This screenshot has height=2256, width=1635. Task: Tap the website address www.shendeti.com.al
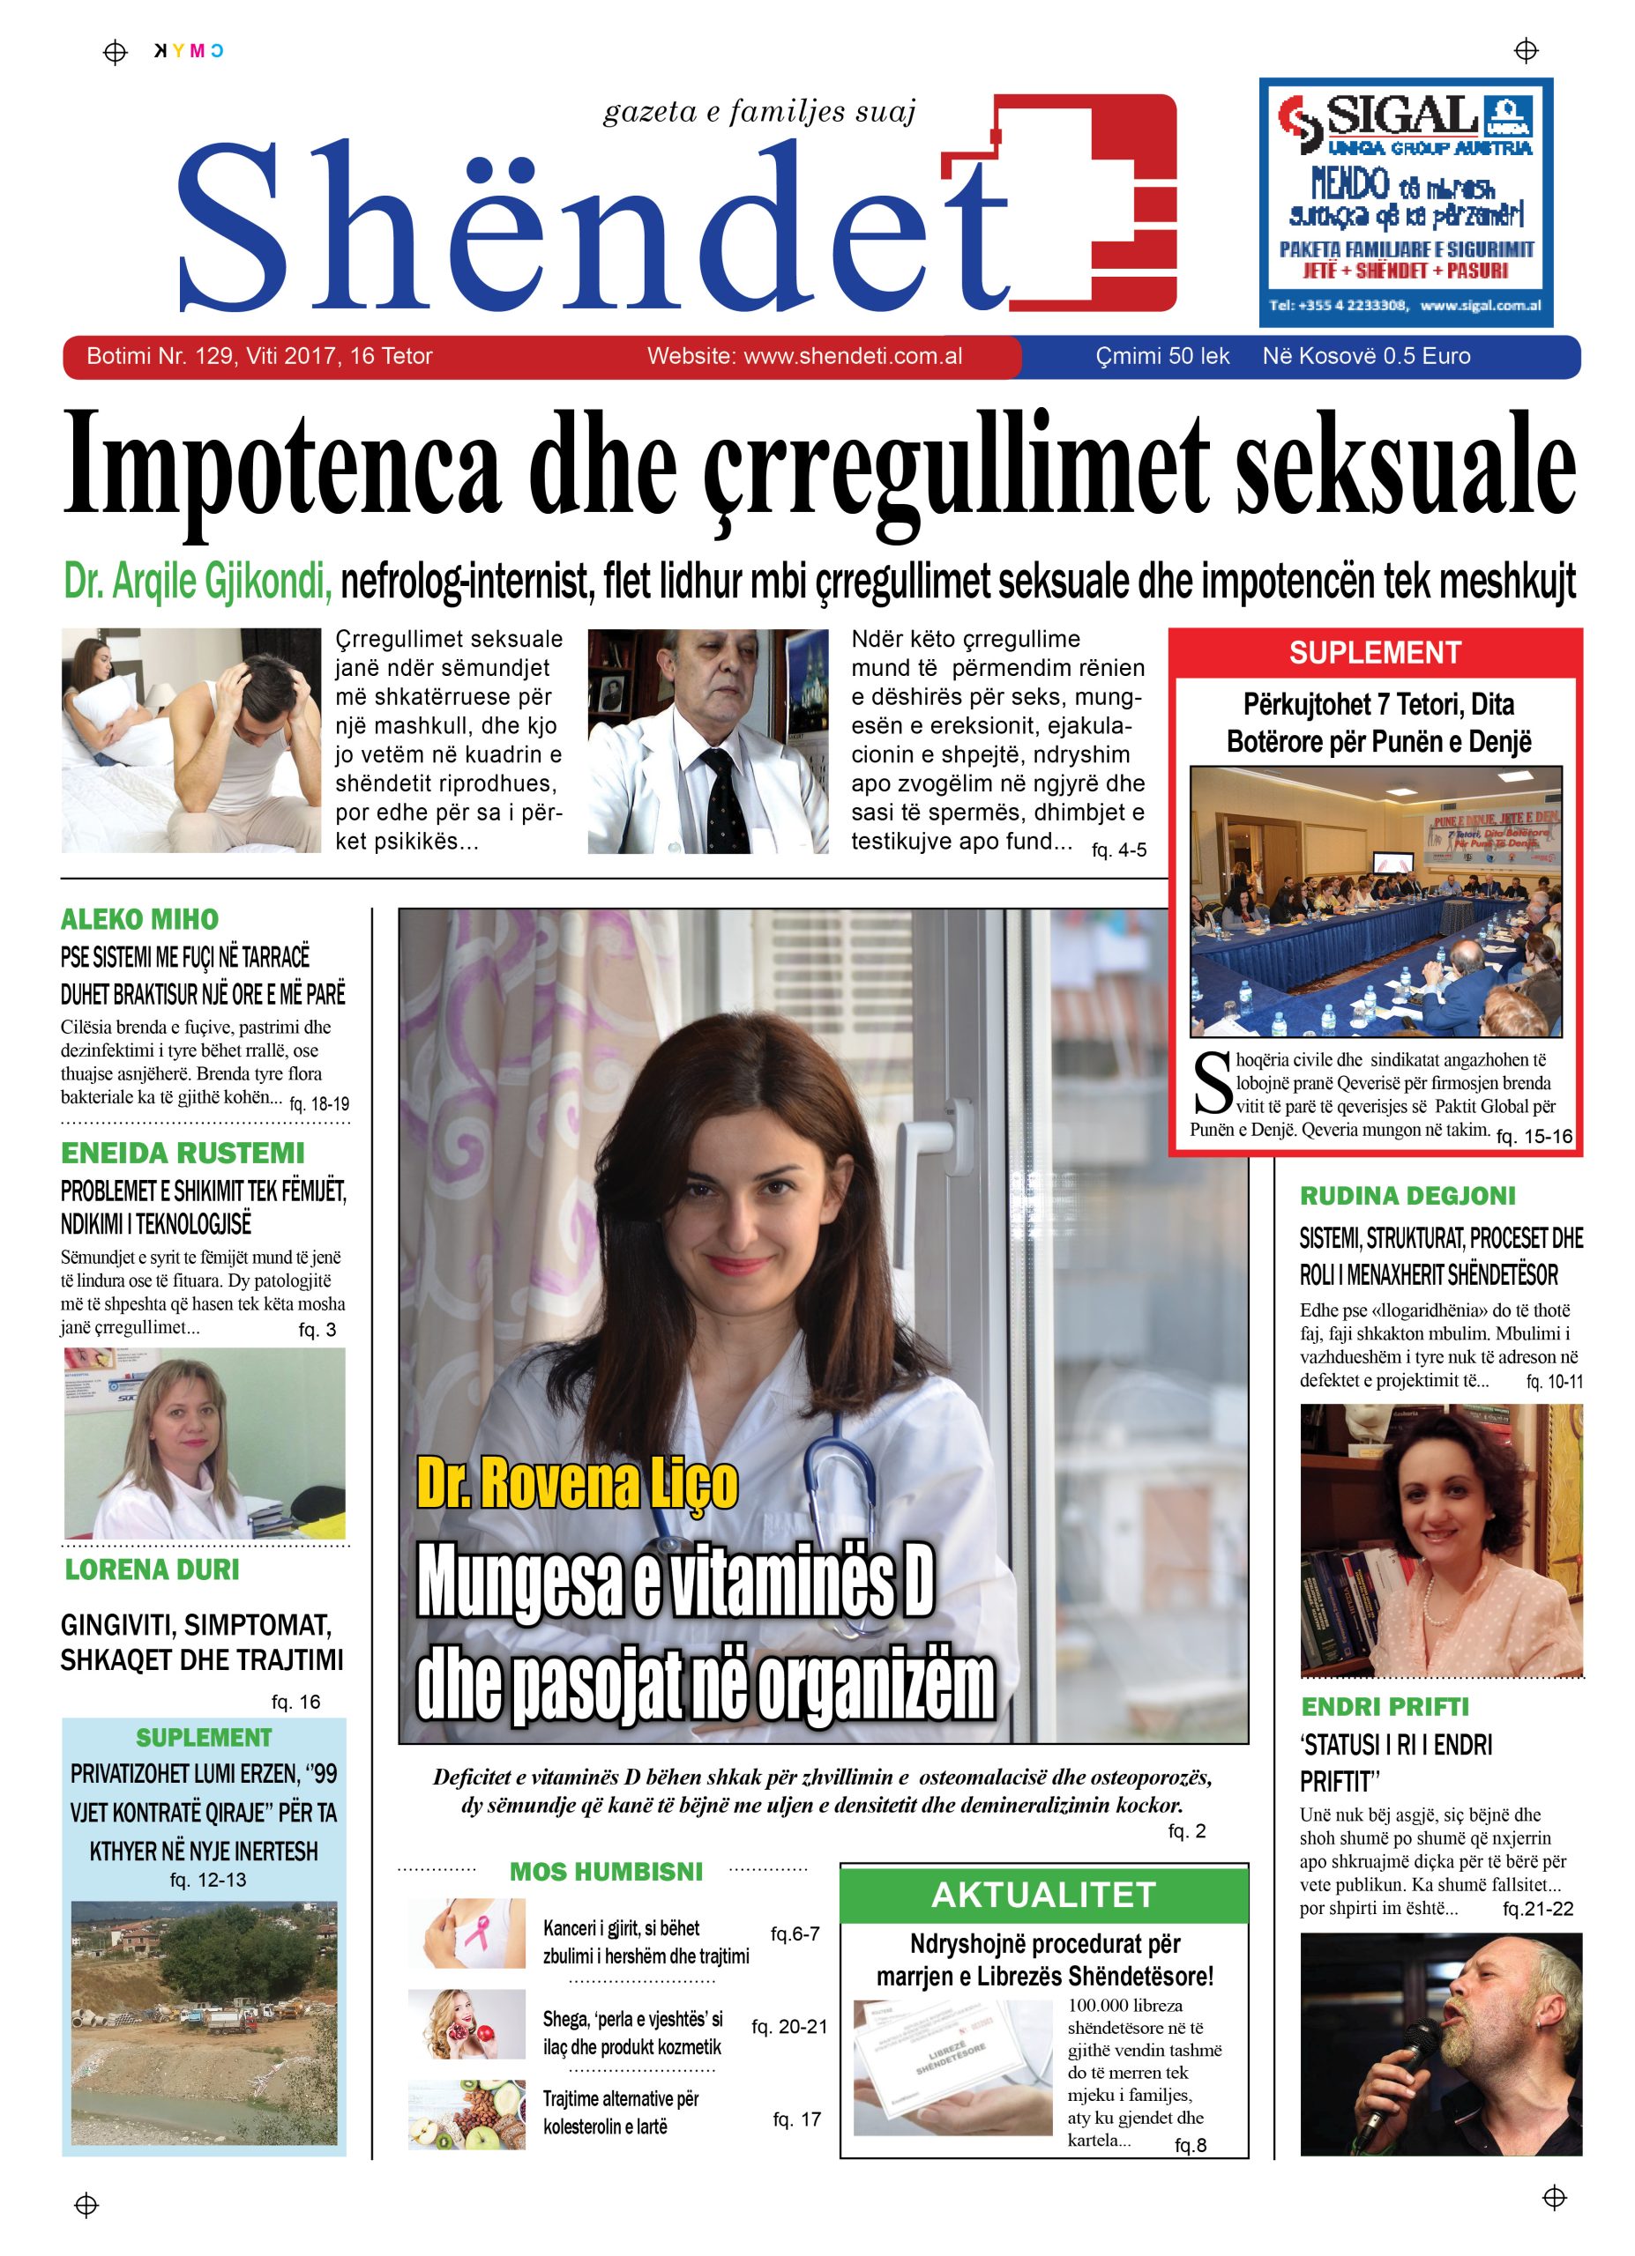click(804, 356)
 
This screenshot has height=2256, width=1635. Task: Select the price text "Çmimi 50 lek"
click(1161, 356)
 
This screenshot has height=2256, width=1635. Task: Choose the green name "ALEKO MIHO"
click(139, 918)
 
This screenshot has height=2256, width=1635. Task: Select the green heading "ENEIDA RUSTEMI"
click(183, 1153)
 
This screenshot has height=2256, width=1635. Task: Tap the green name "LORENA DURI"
click(152, 1570)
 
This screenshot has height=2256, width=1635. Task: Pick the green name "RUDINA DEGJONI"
click(1407, 1196)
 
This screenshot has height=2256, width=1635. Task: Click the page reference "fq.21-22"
click(1537, 1908)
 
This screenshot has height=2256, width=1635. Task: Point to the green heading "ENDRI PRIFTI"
click(1385, 1707)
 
